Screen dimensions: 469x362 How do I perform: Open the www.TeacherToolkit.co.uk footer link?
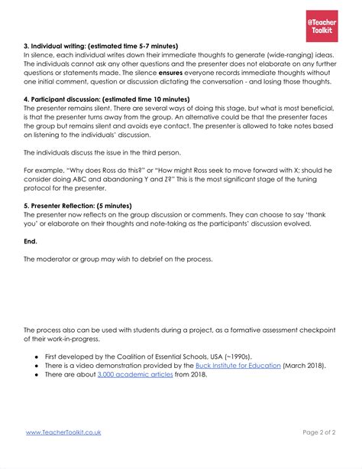pos(63,432)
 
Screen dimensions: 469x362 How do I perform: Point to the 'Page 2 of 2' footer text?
pos(313,432)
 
